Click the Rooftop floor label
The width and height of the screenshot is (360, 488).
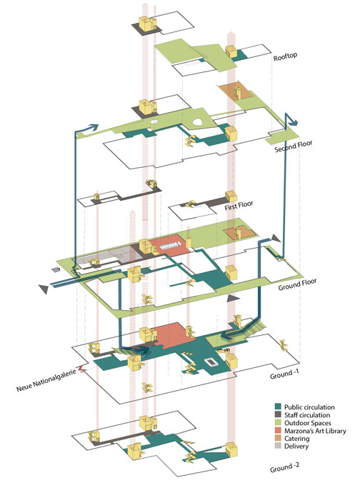pos(285,56)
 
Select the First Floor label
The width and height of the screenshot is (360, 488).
pos(239,206)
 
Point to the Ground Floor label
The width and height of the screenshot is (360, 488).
pos(297,284)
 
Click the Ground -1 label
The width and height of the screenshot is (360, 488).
pos(284,374)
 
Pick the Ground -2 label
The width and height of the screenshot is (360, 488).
pos(284,467)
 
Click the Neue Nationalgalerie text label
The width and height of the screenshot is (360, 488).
pos(46,380)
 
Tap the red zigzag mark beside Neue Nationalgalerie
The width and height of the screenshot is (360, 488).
pos(81,368)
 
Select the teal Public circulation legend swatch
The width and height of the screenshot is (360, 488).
pos(278,407)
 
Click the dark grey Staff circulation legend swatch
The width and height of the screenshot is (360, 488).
pos(278,414)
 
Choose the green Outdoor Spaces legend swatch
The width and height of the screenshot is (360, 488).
pos(278,422)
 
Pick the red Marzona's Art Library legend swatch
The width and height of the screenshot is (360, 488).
pos(278,430)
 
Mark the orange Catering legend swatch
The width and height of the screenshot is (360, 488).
pos(278,438)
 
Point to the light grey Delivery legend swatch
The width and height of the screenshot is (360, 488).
pos(278,446)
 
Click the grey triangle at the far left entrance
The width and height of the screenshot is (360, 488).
pos(44,289)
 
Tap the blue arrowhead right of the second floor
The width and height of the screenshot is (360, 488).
pos(293,122)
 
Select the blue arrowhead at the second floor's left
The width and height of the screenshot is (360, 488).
pos(94,127)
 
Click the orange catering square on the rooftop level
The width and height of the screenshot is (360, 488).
pos(234,91)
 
